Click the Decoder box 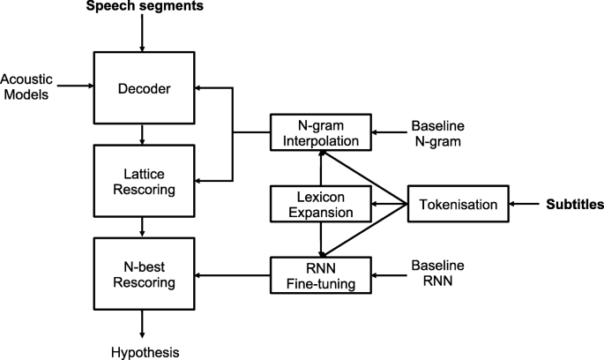click(143, 87)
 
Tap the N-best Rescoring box click(143, 274)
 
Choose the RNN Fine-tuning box click(320, 274)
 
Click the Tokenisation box click(457, 206)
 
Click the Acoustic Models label click(26, 86)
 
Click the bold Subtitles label click(574, 206)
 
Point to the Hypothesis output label click(143, 352)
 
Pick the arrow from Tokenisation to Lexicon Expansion click(388, 206)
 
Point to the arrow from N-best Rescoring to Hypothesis click(143, 326)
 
